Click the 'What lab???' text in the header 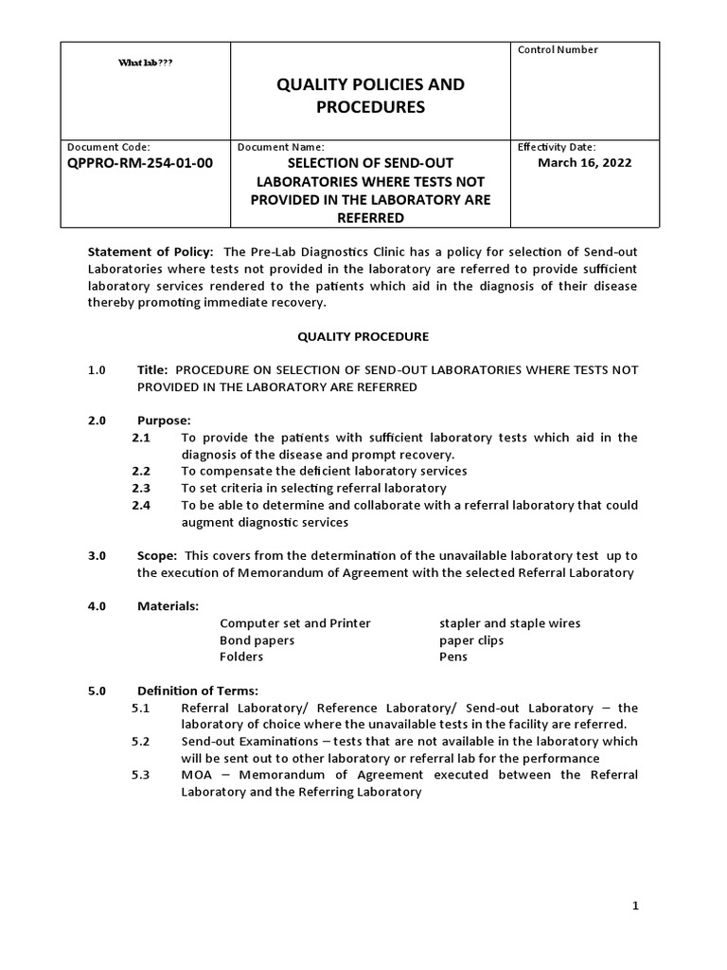[x=145, y=63]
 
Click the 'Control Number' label [x=558, y=50]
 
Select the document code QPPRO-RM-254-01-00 [x=140, y=163]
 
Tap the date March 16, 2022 [x=584, y=162]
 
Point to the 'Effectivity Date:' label [x=556, y=147]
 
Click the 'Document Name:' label [x=280, y=147]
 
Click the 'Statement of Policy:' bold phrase [x=151, y=251]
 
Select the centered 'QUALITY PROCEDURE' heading [x=363, y=336]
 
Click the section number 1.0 [x=98, y=369]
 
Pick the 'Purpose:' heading [x=164, y=420]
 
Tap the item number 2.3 [x=141, y=488]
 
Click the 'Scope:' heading [x=157, y=555]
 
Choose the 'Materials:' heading [x=168, y=606]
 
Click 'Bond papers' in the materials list [x=257, y=640]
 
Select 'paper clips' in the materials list [x=471, y=640]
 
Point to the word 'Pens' [x=453, y=657]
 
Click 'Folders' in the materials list [x=241, y=657]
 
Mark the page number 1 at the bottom [x=636, y=906]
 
